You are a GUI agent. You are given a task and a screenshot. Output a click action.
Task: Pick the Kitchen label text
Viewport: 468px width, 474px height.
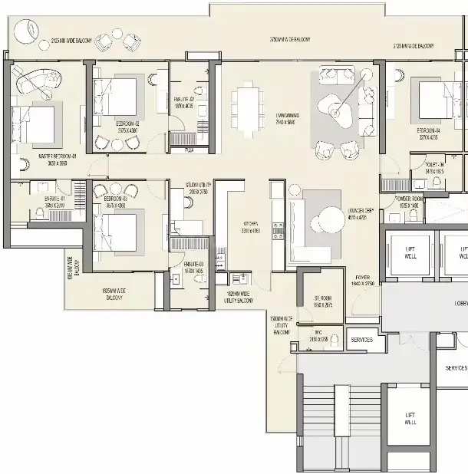(251, 226)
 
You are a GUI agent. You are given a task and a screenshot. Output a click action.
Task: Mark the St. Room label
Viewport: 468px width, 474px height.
(322, 301)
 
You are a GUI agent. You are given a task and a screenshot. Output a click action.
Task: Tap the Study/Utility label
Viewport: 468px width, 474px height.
(197, 186)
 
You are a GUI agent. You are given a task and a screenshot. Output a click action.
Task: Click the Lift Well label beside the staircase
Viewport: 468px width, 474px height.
(410, 419)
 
